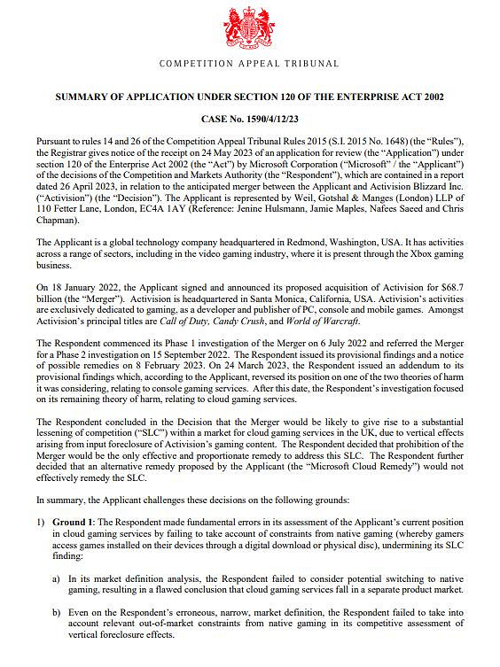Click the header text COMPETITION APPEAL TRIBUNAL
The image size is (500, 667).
(x=249, y=64)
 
